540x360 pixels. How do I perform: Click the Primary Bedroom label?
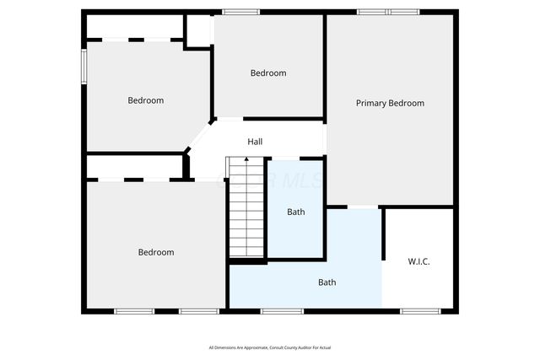tap(390, 103)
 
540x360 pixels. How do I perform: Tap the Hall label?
tap(255, 142)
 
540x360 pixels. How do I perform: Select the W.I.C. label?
tap(418, 261)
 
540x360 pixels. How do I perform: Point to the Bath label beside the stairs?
tap(295, 212)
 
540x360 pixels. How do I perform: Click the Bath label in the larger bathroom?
tap(327, 282)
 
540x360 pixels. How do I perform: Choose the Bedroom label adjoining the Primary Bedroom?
tap(268, 73)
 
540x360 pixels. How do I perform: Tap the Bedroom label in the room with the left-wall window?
tap(145, 100)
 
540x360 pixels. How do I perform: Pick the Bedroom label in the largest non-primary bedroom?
tap(156, 252)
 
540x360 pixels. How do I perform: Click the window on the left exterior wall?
tap(84, 67)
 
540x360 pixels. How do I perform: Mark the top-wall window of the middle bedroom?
tap(241, 12)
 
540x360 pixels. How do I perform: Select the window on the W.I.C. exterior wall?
tap(419, 312)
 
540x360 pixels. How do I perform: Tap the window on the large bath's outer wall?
tap(281, 312)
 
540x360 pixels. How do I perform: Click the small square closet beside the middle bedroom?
tap(198, 30)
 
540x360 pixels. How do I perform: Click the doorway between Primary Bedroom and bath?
tap(363, 207)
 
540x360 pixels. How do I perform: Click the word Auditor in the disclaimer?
tap(296, 348)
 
